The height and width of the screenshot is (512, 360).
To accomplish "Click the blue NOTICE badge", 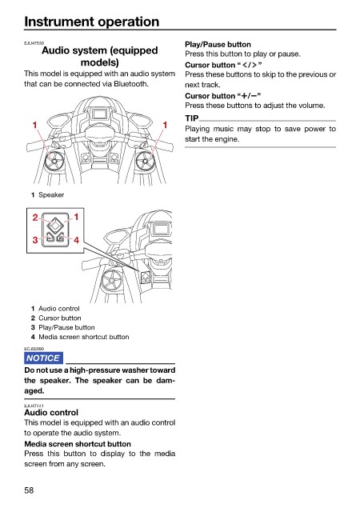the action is tap(43, 358).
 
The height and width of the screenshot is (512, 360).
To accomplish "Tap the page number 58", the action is tap(29, 490).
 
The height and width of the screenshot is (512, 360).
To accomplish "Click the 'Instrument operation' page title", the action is tap(92, 22).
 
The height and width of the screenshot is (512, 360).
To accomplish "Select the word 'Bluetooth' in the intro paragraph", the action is tap(130, 84).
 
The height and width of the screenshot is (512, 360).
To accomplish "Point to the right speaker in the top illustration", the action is tap(144, 161).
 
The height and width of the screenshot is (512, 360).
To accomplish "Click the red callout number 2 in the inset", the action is tap(35, 218).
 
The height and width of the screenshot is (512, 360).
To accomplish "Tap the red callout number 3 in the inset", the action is tap(35, 240).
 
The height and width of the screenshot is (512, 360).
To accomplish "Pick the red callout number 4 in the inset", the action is tap(76, 240).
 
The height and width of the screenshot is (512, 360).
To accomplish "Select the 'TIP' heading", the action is tap(192, 118).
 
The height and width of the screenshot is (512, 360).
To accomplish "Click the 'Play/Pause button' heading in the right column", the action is tap(218, 45).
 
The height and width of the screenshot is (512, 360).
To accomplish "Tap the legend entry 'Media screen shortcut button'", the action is tap(84, 337).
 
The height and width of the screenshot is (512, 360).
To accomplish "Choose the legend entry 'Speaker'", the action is tap(51, 195).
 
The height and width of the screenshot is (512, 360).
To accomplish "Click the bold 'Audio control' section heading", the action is tap(51, 413).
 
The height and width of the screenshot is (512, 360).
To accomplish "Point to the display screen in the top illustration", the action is tap(98, 114).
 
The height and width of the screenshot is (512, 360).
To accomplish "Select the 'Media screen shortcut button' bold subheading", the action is tap(78, 444).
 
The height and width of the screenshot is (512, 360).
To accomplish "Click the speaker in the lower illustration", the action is tap(111, 280).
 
